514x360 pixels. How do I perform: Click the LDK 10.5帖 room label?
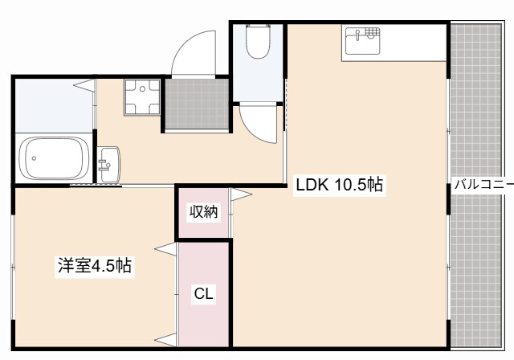click(339, 186)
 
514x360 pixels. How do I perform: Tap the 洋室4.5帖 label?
click(95, 265)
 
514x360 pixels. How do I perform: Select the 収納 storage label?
click(203, 212)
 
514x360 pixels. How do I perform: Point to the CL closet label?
click(203, 293)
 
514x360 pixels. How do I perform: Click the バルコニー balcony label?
click(483, 185)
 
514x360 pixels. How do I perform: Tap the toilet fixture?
click(258, 41)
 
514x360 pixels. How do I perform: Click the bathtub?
click(54, 158)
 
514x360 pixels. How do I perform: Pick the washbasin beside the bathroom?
click(109, 165)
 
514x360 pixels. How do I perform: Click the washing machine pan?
click(142, 97)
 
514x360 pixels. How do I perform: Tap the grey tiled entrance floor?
click(196, 104)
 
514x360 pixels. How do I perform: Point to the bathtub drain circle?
click(34, 158)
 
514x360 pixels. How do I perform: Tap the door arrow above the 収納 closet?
click(241, 194)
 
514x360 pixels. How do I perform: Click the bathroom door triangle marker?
click(84, 85)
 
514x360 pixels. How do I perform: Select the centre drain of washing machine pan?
click(142, 89)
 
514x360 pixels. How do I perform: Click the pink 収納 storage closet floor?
click(203, 212)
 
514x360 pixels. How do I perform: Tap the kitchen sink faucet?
click(358, 35)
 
